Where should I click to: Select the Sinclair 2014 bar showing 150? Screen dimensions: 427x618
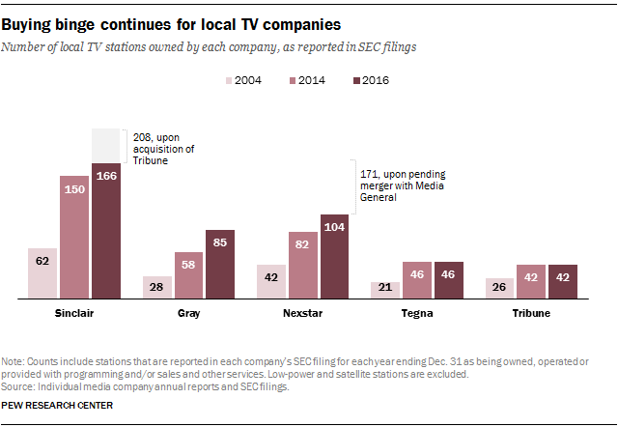(x=74, y=237)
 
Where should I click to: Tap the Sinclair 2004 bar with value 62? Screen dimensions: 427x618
(x=42, y=272)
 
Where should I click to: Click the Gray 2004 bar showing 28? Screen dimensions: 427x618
(x=156, y=286)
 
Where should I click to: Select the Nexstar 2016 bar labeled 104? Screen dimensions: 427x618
(x=334, y=255)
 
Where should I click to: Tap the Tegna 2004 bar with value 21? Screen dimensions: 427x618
(x=385, y=289)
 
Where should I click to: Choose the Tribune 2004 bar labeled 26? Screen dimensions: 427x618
(x=499, y=287)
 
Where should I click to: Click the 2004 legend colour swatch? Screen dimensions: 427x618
(x=232, y=81)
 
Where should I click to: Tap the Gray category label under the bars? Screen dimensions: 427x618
(x=188, y=314)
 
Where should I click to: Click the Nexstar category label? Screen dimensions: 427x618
(x=302, y=314)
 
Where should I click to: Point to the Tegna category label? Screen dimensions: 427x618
(x=417, y=314)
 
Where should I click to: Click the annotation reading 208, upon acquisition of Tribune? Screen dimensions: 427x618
(x=162, y=149)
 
